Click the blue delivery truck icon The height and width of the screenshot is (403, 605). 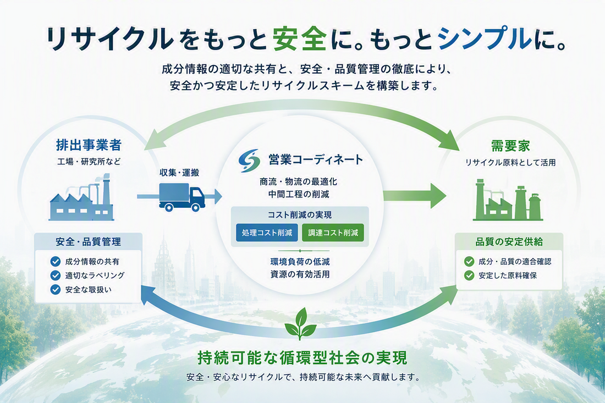tap(182, 197)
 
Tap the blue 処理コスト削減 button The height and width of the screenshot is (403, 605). tap(267, 233)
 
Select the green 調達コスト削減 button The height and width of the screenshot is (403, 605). tap(333, 233)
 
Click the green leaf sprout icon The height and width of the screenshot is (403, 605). tap(300, 324)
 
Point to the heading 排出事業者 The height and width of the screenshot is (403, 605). tap(89, 145)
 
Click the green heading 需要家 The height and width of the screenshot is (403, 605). tap(510, 146)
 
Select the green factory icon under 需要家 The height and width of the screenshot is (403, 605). tap(508, 200)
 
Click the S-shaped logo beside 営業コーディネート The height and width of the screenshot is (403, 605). tap(249, 161)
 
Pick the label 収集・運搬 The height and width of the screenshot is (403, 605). tap(179, 173)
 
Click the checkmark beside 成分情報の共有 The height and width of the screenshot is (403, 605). tap(56, 262)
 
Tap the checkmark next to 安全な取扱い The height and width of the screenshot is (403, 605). tap(56, 289)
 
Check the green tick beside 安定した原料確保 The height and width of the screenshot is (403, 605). tap(469, 275)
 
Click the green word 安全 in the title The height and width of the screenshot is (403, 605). tap(300, 39)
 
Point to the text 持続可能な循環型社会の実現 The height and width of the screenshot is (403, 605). tap(302, 358)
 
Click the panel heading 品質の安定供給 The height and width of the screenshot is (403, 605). tap(509, 242)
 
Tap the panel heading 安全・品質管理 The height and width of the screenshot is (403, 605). tap(89, 242)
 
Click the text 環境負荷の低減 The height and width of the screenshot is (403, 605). tap(300, 262)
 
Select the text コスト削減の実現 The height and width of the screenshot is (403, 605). tap(300, 215)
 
